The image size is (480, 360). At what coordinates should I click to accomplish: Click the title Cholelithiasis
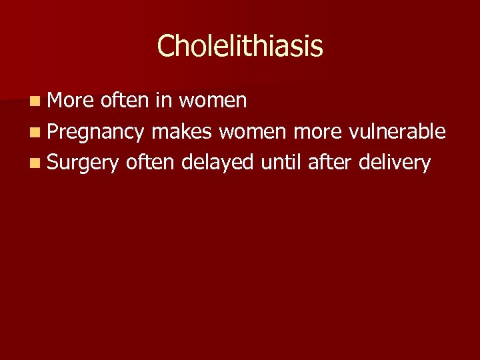240,46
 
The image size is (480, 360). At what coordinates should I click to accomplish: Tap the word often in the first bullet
125,101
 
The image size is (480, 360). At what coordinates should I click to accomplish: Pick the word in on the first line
162,101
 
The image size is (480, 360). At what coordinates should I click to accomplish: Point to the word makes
182,131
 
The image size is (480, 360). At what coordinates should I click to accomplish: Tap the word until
282,162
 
